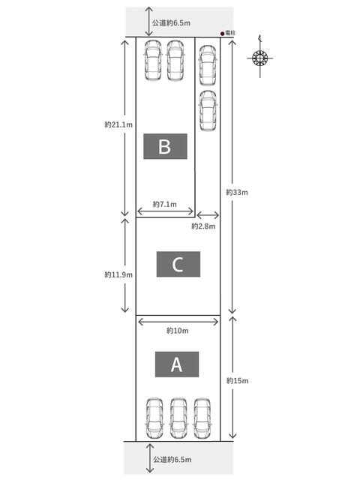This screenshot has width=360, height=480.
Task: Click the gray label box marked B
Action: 165,146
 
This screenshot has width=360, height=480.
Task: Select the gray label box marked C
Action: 178,264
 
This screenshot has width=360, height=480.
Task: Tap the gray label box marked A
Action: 177,364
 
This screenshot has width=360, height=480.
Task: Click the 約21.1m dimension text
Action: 118,124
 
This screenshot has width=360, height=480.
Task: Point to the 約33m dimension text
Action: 237,192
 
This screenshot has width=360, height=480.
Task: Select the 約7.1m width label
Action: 165,204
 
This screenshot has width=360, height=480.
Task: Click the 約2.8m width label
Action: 203,226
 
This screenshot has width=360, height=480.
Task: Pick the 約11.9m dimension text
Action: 118,274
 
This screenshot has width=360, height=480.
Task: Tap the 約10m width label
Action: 178,331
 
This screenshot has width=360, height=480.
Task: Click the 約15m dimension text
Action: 237,381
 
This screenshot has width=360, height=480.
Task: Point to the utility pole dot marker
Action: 222,34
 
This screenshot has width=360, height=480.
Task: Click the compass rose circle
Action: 260,58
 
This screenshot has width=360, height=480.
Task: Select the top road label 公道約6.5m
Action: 172,23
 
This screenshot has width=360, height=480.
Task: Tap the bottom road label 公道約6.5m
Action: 172,460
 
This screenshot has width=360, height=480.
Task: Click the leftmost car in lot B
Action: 153,60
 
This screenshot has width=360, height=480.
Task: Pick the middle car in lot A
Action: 178,418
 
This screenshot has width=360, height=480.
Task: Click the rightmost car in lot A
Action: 202,418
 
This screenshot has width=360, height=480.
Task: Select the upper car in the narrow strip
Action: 208,65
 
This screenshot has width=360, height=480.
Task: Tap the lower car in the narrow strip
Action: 208,111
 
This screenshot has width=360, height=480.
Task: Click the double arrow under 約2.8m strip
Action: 208,215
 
